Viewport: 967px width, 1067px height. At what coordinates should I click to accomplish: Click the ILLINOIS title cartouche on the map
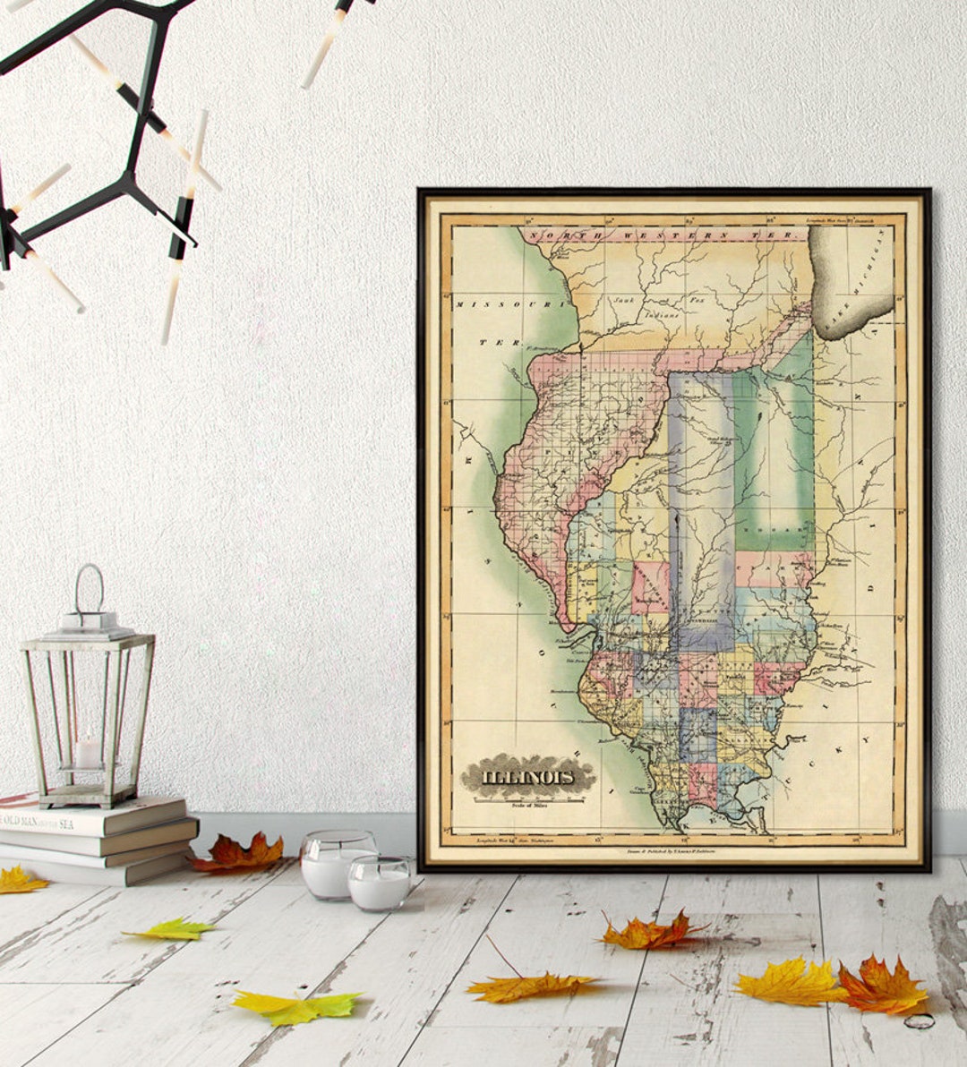coord(528,775)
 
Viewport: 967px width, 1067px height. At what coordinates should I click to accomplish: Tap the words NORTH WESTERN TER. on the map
coord(663,235)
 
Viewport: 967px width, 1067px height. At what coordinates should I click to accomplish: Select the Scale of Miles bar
coord(528,799)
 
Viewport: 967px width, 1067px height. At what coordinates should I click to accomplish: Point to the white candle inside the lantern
coord(88,751)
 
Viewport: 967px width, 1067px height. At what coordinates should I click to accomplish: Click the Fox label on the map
coord(697,301)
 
